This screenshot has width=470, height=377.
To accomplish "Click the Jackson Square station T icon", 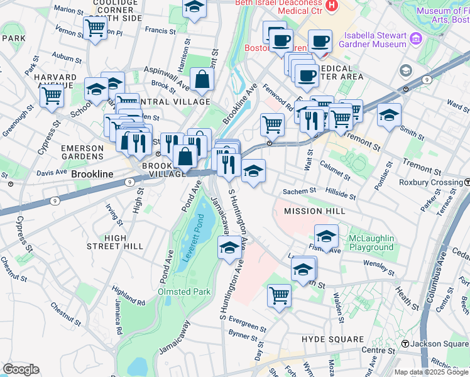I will [x=406, y=344].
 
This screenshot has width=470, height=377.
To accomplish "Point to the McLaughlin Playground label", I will [x=371, y=243].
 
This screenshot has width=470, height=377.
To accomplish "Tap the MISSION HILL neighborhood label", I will [x=314, y=211].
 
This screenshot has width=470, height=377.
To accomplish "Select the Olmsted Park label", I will [x=185, y=292].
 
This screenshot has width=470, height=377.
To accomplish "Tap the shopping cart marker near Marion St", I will [x=95, y=27].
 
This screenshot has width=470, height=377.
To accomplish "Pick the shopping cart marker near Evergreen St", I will [x=279, y=295].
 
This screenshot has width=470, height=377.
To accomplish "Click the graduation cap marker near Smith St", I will [x=390, y=116].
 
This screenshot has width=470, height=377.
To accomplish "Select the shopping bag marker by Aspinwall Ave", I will [x=202, y=80].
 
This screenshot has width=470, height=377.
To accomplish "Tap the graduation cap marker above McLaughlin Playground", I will [x=326, y=236].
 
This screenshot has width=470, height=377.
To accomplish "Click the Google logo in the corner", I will [x=21, y=369].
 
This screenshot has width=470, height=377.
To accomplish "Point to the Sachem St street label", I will [x=302, y=190].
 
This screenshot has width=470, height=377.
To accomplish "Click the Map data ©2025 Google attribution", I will [x=431, y=372].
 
